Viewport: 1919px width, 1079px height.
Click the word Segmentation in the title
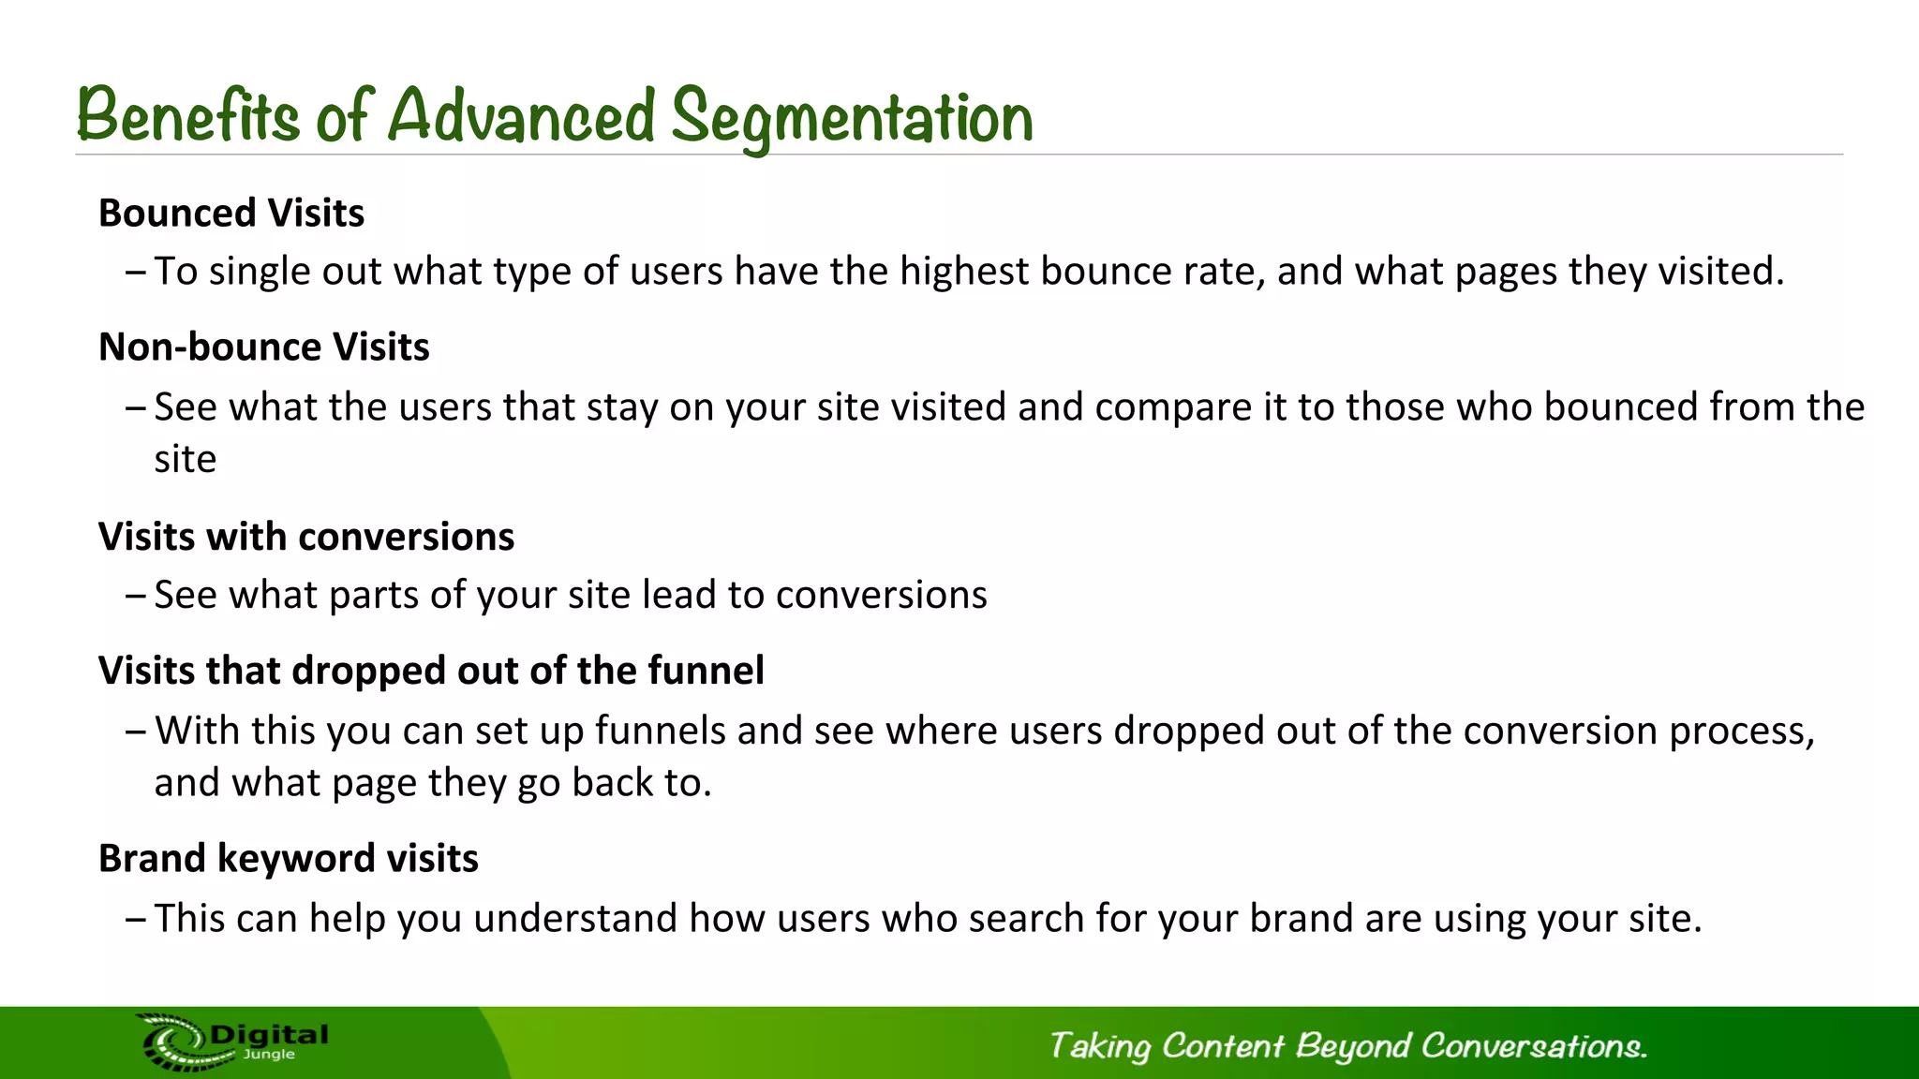[x=852, y=117]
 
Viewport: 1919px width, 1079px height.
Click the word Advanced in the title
[x=521, y=115]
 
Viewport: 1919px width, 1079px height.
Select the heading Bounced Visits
[x=231, y=214]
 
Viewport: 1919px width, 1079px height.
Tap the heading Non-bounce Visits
[x=264, y=347]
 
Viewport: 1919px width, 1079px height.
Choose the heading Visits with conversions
[x=306, y=537]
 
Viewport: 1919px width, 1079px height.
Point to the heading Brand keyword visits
[x=289, y=859]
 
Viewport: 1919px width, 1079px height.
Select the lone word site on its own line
[x=186, y=460]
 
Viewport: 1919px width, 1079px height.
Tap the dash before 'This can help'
[x=135, y=919]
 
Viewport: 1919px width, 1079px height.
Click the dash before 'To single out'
[x=135, y=273]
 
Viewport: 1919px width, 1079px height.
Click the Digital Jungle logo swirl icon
[x=174, y=1042]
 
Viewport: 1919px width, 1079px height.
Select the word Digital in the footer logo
[x=270, y=1035]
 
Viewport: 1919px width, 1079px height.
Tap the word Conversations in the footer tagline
[x=1533, y=1045]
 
